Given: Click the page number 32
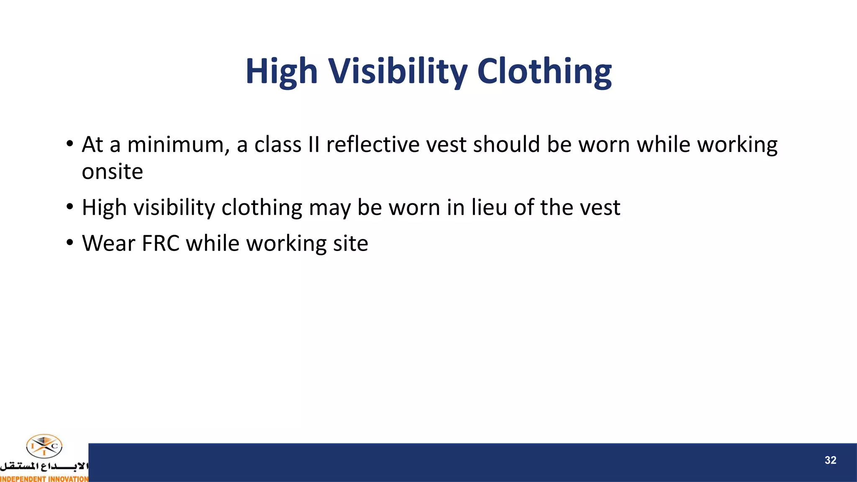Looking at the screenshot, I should click(830, 460).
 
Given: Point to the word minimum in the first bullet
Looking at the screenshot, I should click(178, 145).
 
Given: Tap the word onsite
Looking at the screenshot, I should click(112, 172).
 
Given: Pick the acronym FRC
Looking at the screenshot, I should click(161, 244).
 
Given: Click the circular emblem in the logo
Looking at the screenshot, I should click(44, 446).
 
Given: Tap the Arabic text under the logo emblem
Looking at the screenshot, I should click(44, 466).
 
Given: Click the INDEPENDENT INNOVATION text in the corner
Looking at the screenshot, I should click(44, 479).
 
